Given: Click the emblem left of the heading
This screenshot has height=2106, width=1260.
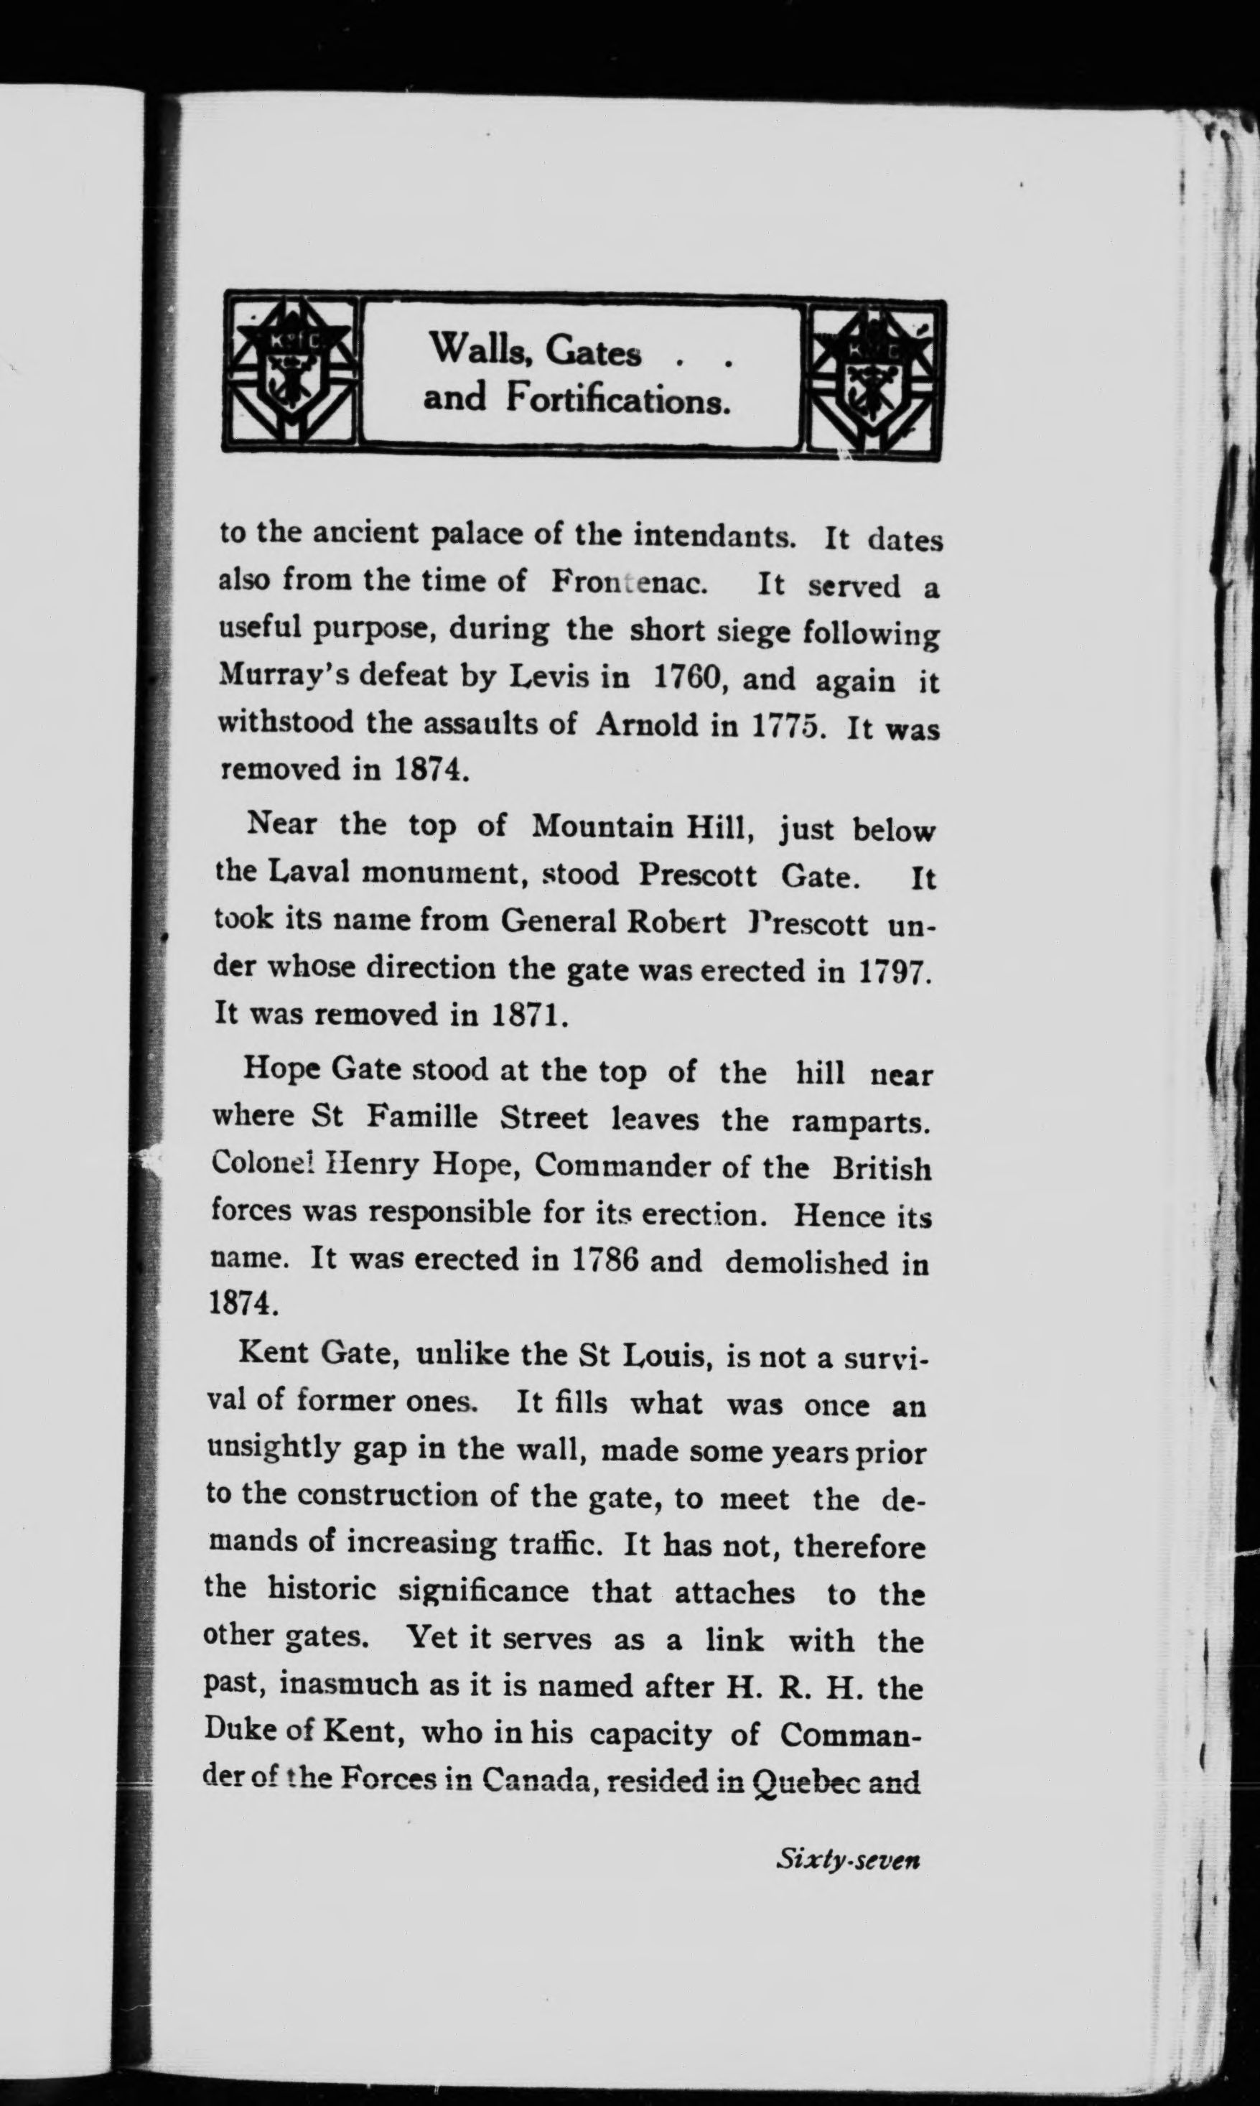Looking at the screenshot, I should point(293,373).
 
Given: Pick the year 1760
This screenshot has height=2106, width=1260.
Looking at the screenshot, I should point(688,677).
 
